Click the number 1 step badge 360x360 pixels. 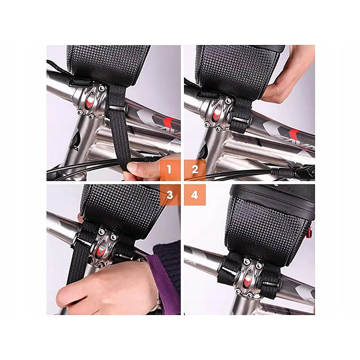click(170, 170)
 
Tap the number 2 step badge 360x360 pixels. click(195, 170)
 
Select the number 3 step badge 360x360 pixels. click(170, 195)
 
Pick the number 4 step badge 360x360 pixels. click(195, 195)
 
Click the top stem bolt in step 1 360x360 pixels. click(101, 88)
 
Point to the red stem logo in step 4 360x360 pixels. click(248, 280)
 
